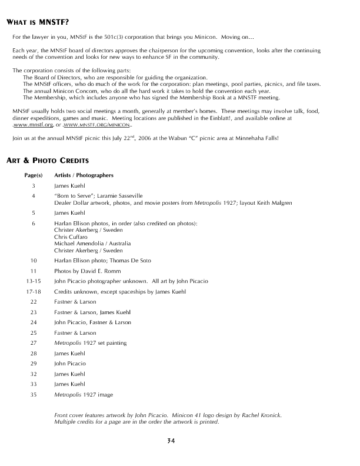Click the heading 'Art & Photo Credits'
[47, 160]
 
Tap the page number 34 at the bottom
[171, 441]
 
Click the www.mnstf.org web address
[34, 125]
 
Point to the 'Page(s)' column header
[34, 175]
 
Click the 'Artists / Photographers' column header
[84, 175]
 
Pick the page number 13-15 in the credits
[33, 281]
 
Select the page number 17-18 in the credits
[33, 291]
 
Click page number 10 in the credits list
[34, 260]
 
